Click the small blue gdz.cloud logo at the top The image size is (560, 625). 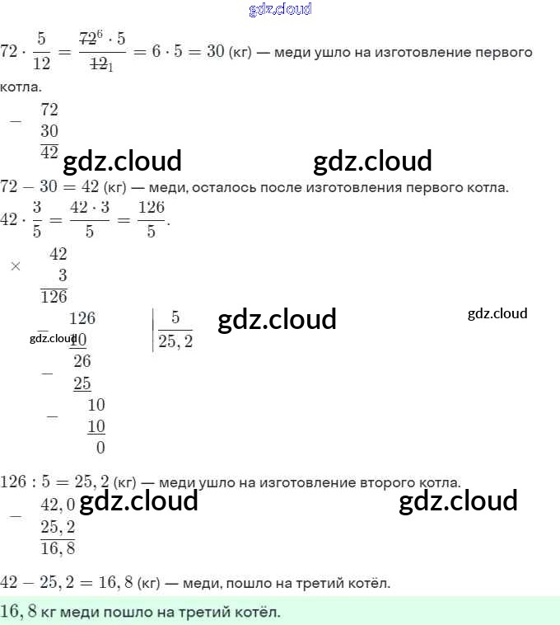(x=280, y=10)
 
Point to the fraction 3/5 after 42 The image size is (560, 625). (x=36, y=220)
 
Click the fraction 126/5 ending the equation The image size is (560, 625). (x=151, y=220)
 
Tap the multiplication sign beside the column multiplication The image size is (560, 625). (x=15, y=266)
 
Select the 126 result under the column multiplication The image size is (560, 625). (x=54, y=297)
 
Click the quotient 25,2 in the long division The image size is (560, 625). (x=175, y=341)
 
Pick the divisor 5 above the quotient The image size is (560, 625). (x=175, y=318)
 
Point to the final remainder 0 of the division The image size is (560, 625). (x=100, y=448)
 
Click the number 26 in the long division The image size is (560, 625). (x=82, y=361)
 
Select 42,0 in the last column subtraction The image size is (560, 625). (x=58, y=505)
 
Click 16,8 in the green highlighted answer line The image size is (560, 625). (x=20, y=612)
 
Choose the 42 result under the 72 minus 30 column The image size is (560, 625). (x=49, y=152)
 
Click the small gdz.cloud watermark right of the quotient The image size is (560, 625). (x=497, y=313)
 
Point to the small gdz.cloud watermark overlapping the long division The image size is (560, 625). (x=53, y=338)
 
